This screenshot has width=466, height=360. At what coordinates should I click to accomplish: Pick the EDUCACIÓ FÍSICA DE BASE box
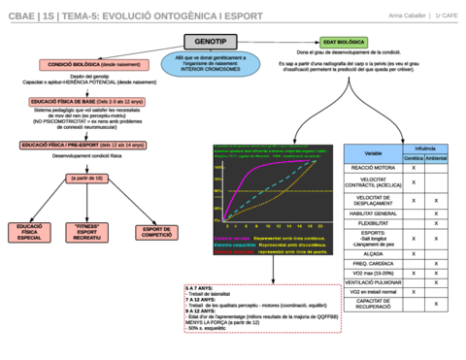tap(76, 100)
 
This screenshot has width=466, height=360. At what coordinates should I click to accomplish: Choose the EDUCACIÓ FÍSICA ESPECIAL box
tap(28, 231)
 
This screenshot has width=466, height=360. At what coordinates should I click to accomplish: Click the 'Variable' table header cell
tap(373, 153)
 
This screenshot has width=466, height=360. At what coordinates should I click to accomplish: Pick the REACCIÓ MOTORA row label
tap(373, 168)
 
